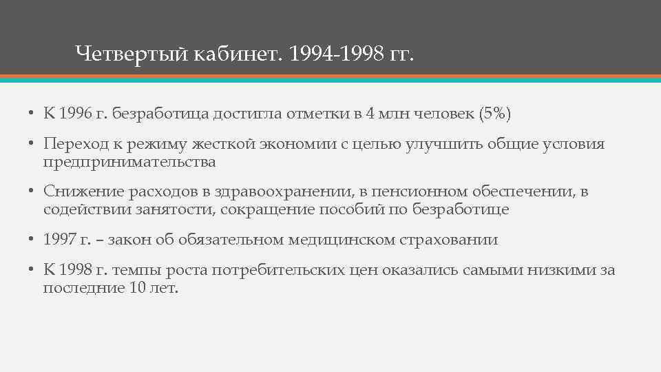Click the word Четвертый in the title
131,53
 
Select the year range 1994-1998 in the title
336,53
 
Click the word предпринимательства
129,163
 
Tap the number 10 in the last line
136,288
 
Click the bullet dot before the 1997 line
32,240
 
